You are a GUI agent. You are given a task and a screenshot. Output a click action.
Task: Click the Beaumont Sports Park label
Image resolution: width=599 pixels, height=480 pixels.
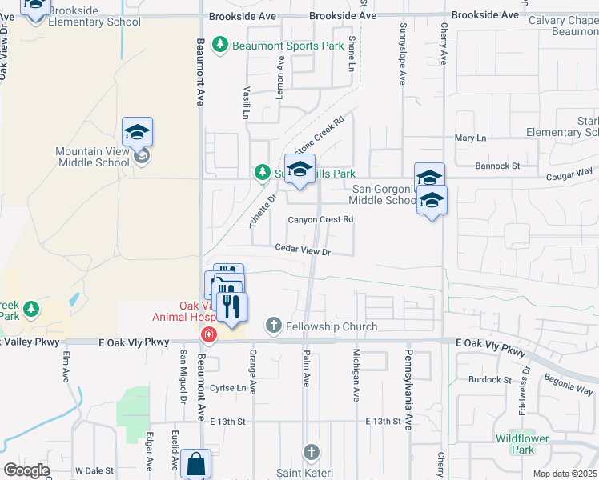(x=287, y=46)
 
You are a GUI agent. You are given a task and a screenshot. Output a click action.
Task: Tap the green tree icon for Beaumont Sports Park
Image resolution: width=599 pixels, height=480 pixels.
(x=222, y=46)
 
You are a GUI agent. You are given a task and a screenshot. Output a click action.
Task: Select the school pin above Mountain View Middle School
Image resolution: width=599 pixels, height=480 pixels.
(x=137, y=132)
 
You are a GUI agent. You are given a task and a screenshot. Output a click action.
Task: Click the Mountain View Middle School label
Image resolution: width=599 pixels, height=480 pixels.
(x=92, y=157)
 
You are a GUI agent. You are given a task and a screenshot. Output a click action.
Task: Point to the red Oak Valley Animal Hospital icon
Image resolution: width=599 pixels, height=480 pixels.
(x=208, y=334)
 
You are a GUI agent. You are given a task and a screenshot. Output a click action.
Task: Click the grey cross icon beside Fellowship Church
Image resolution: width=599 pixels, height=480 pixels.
(x=273, y=326)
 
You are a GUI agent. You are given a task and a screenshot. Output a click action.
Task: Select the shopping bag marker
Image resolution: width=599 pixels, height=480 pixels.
(x=195, y=463)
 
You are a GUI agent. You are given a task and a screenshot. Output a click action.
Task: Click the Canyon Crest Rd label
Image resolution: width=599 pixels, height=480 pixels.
(x=320, y=219)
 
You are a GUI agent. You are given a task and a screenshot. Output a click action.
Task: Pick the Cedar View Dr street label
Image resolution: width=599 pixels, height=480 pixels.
(x=303, y=250)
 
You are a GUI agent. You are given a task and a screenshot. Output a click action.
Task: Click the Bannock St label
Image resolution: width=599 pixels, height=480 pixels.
(x=497, y=166)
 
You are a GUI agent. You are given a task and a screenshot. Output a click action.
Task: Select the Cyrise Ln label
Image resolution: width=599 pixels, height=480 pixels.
(x=227, y=387)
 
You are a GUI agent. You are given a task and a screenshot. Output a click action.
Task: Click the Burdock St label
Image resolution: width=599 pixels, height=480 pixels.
(x=489, y=379)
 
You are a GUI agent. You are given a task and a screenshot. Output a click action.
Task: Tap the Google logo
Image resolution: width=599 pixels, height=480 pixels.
(x=26, y=470)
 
